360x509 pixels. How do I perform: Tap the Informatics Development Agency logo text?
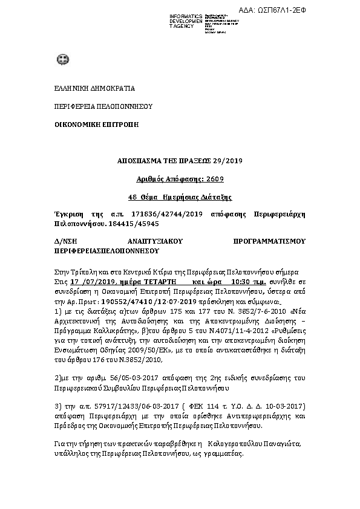186,21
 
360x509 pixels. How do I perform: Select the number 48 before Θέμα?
133,197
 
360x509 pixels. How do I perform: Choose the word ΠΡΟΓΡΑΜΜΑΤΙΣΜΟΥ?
269,241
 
